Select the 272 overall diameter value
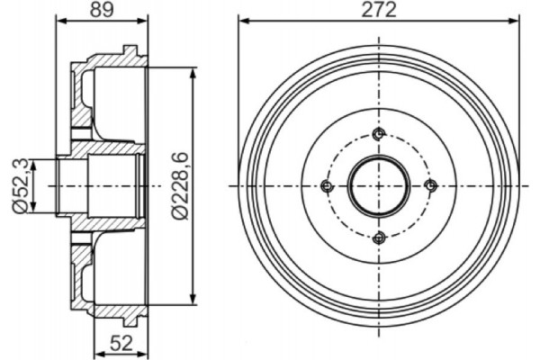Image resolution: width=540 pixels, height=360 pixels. point(379,11)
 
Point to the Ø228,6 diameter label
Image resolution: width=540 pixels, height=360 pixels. point(180,184)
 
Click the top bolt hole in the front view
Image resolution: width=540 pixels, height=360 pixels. point(379,135)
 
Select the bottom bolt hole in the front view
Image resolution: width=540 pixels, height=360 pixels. point(379,237)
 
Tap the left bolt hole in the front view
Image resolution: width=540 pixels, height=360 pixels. point(327,186)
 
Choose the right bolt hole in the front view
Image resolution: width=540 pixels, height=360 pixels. point(430,185)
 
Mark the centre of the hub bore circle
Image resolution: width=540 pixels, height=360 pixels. point(379,186)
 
